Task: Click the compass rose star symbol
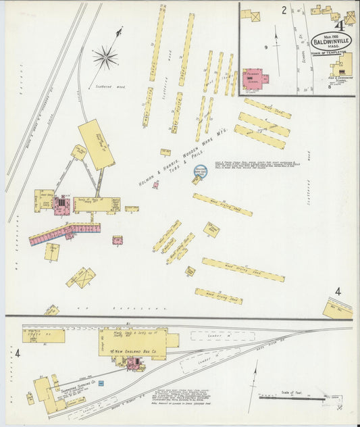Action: tap(105, 57)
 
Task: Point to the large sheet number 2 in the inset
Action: tap(284, 10)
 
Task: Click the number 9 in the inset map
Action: tap(266, 47)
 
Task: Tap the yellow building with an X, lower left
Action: tap(82, 277)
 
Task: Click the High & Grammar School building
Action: tap(341, 68)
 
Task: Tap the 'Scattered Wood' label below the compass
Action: tap(107, 86)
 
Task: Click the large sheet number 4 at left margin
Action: tap(18, 353)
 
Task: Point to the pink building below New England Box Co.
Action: tap(134, 364)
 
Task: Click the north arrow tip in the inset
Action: tap(276, 27)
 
